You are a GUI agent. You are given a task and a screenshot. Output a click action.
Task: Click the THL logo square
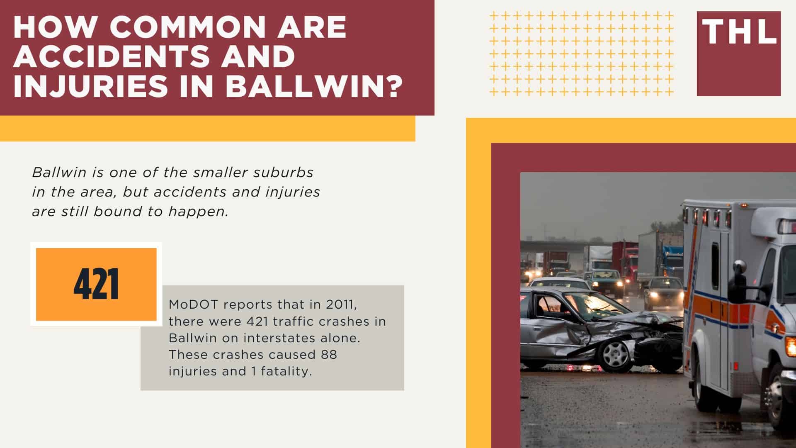pos(738,54)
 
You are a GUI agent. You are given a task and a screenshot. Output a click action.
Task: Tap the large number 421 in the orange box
pos(96,285)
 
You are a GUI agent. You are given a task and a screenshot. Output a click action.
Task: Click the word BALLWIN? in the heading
pos(314,85)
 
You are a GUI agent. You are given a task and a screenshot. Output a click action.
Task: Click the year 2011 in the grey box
pos(340,304)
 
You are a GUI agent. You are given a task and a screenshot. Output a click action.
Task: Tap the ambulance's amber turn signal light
pos(790,346)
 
